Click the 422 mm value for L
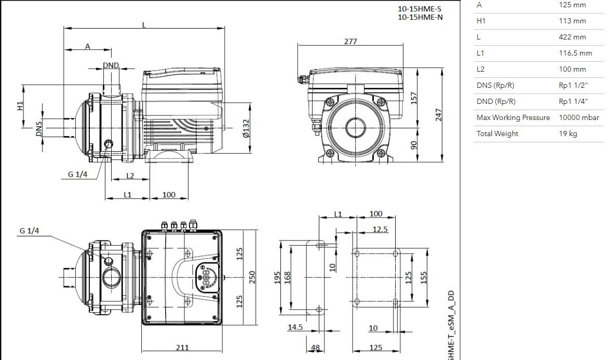pos(572,37)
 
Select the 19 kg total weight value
pos(568,134)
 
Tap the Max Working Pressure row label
pos(513,117)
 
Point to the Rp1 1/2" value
pos(574,85)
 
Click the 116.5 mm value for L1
pos(575,53)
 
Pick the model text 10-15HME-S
pos(420,8)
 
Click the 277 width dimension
pos(350,41)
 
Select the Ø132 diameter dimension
pos(246,128)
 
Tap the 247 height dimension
pos(439,115)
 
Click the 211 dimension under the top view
pos(182,348)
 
